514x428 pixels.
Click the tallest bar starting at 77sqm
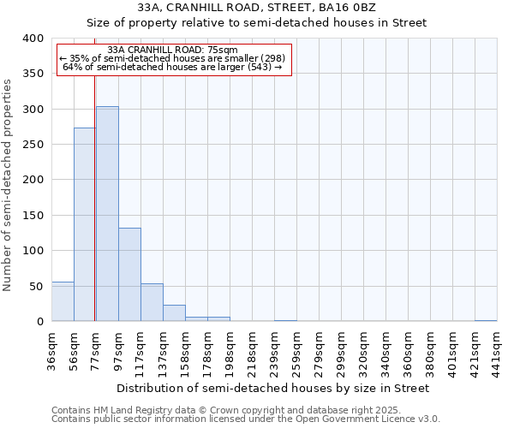(x=107, y=214)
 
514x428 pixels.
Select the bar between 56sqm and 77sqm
(x=85, y=224)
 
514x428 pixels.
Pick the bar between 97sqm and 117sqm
(x=129, y=275)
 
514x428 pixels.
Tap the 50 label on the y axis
(x=36, y=286)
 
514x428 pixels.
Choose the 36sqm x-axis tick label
(x=51, y=350)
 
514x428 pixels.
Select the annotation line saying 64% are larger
(x=172, y=67)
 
